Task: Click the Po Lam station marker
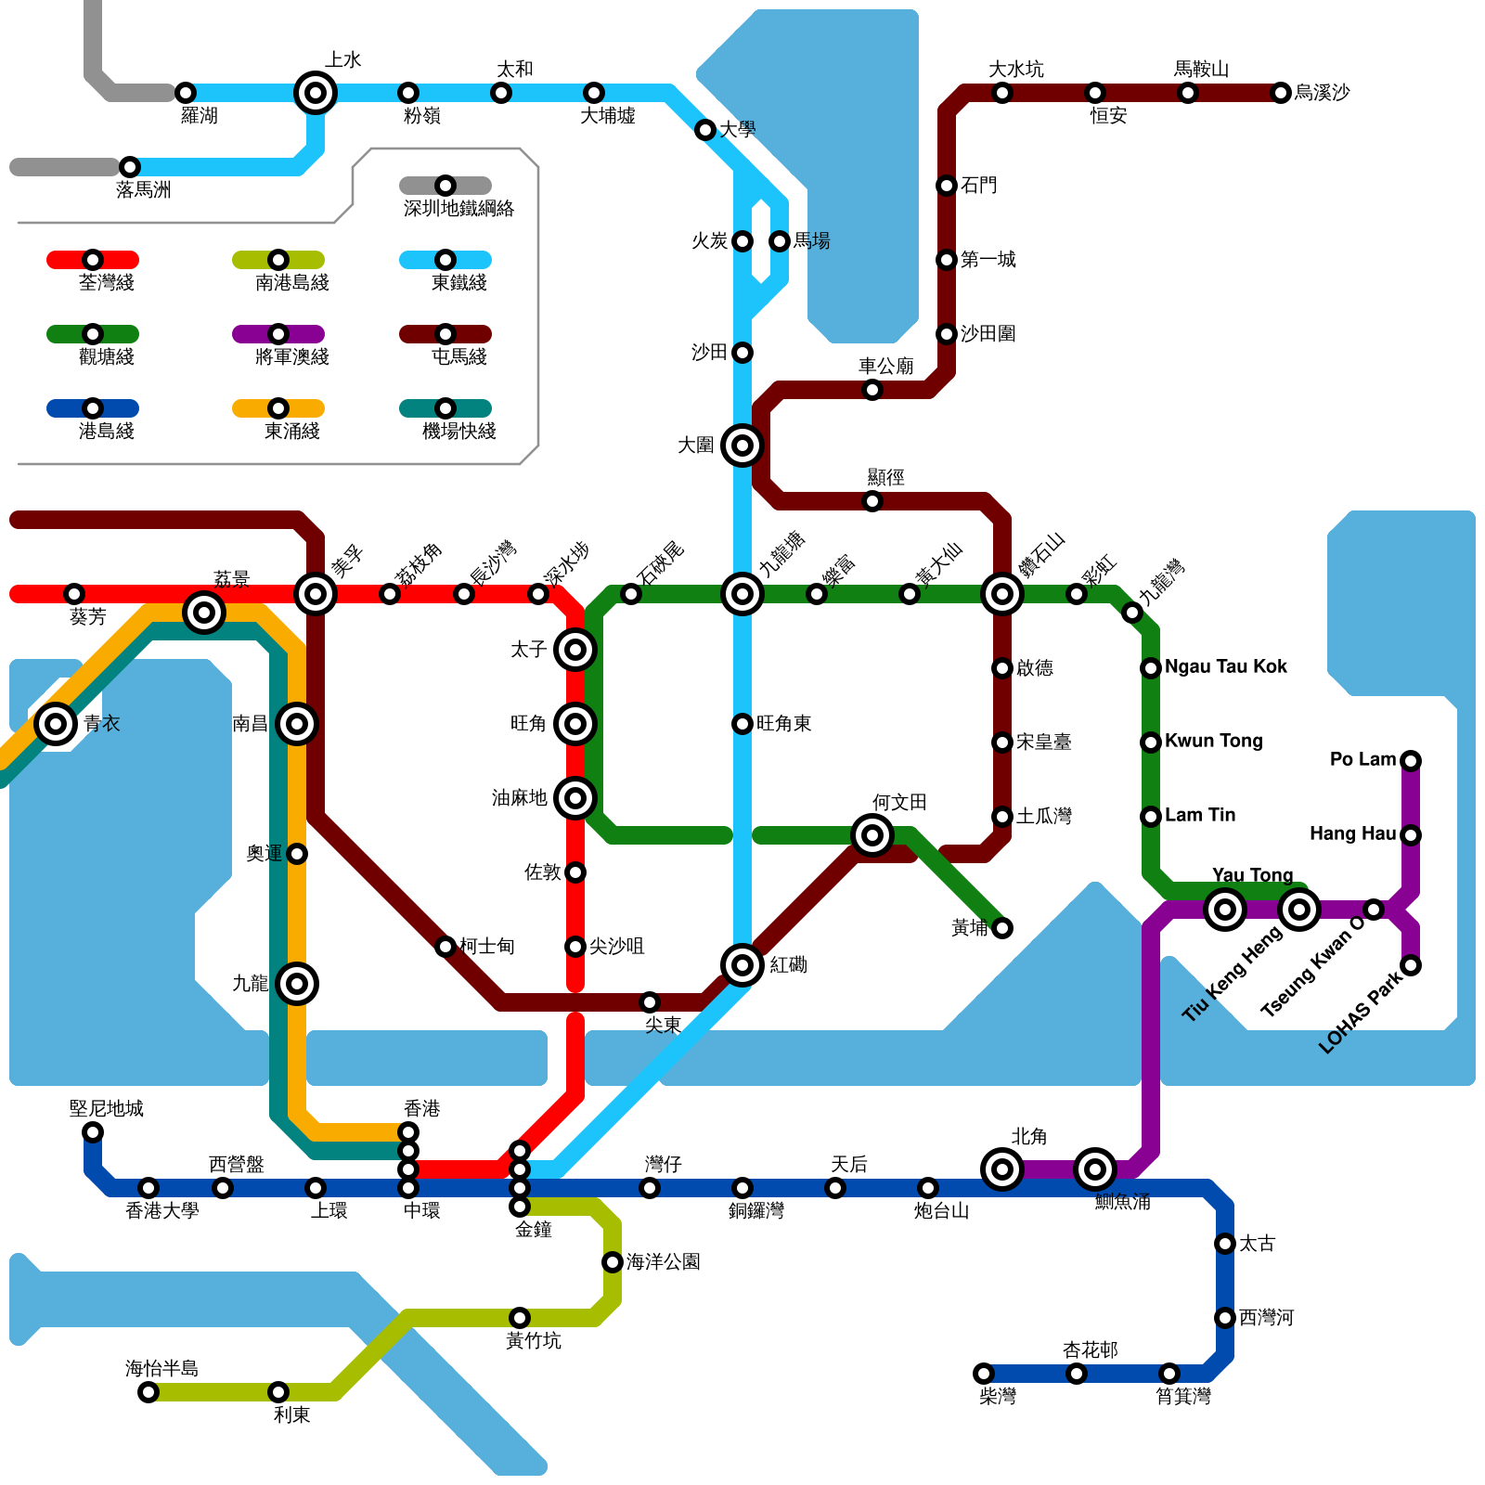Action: coord(1411,761)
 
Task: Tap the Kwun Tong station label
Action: coord(1213,741)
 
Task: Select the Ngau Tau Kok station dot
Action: coord(1151,668)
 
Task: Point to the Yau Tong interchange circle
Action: coord(1225,910)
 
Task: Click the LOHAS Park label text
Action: coord(1361,1012)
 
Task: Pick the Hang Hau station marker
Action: coord(1411,835)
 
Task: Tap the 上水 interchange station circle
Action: coord(316,93)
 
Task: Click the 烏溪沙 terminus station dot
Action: coord(1281,93)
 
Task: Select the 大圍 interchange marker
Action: coord(742,445)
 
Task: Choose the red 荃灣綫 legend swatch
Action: coord(93,260)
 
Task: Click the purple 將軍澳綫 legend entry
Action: coord(278,334)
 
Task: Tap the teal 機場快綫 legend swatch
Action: coord(445,408)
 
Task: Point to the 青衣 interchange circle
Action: coord(56,724)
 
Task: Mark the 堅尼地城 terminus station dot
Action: coord(93,1132)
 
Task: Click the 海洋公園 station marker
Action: coord(613,1262)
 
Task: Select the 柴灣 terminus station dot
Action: coord(984,1374)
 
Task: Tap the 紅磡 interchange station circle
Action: coord(742,965)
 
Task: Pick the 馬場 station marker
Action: coord(780,241)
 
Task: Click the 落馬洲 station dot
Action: coord(130,167)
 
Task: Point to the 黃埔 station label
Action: coord(970,928)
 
